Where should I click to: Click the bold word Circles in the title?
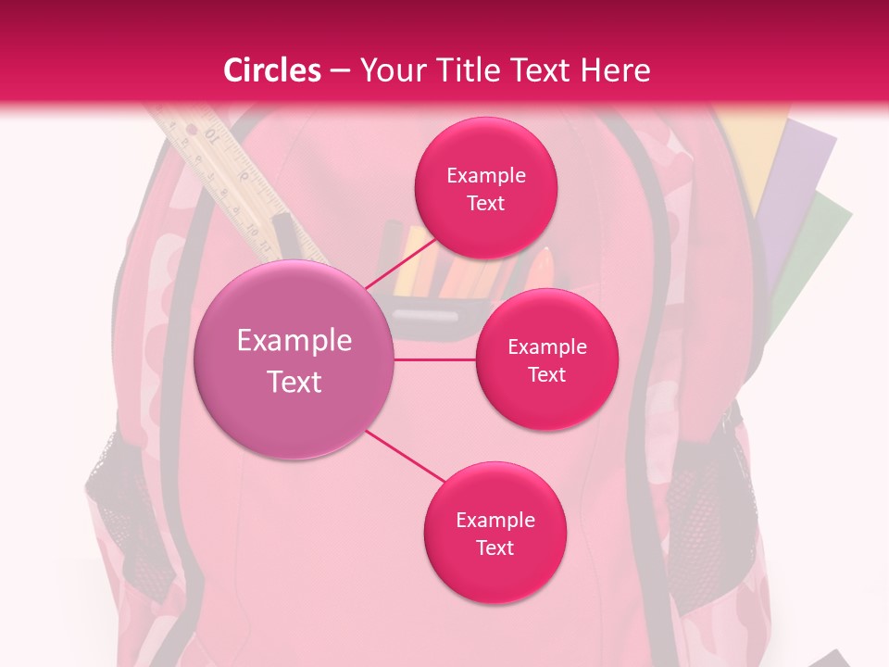click(x=272, y=70)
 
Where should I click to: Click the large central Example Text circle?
click(x=294, y=360)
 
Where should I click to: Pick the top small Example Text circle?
click(x=485, y=188)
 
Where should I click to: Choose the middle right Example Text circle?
click(x=546, y=359)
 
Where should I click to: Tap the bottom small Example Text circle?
click(x=495, y=533)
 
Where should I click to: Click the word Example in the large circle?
click(x=294, y=341)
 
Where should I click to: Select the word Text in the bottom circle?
click(x=495, y=547)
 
